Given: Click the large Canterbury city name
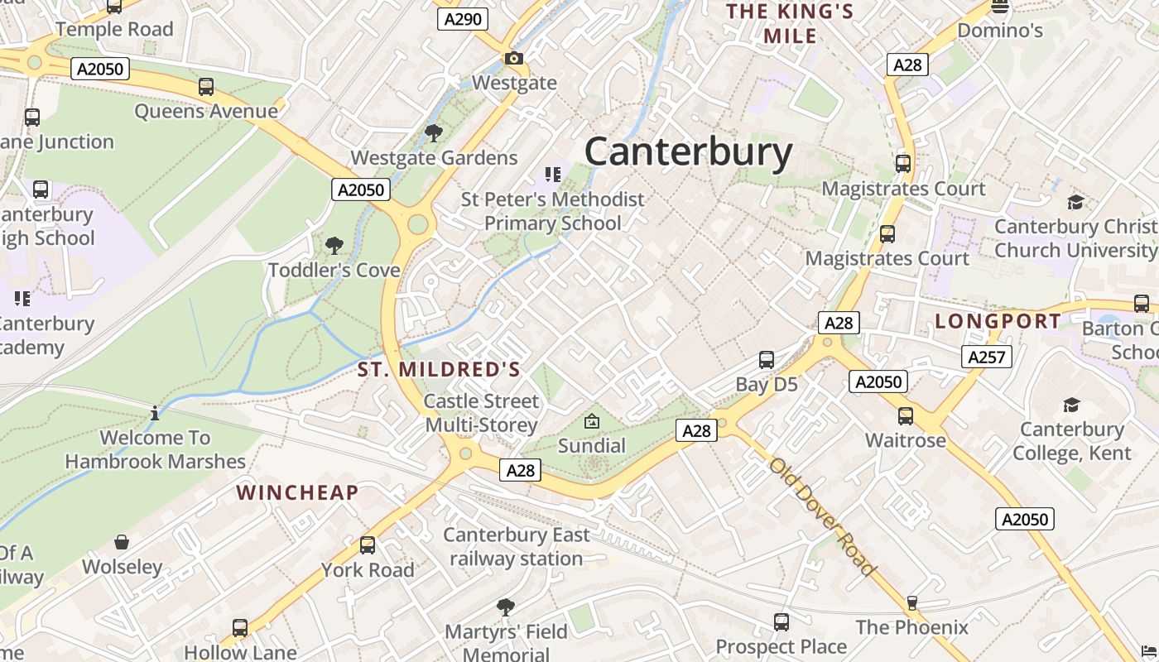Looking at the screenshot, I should click(688, 152).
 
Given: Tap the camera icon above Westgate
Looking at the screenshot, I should click(514, 58).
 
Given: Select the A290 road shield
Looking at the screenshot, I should click(463, 19).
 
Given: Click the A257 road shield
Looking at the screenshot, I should click(986, 357).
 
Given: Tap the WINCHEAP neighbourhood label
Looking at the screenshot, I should click(297, 493).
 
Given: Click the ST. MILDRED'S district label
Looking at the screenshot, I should click(439, 370).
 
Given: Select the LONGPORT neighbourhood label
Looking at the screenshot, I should click(998, 321).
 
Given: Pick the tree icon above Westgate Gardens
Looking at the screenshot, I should click(433, 133).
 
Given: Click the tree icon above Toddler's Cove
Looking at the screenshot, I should click(334, 246).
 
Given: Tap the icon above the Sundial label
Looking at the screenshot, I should click(592, 421).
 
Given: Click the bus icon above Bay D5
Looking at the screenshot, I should click(767, 360).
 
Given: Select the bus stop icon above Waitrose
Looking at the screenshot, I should click(906, 415).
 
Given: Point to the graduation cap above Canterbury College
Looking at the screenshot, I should click(1071, 405).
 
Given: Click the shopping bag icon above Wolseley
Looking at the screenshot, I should click(122, 542).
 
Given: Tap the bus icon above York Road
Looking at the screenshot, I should click(367, 545).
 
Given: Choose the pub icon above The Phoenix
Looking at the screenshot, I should click(911, 602).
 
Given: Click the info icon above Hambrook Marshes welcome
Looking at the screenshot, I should click(155, 412).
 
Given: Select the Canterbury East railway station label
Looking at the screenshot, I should click(517, 547).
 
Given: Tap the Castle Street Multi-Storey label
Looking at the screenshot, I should click(481, 413).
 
